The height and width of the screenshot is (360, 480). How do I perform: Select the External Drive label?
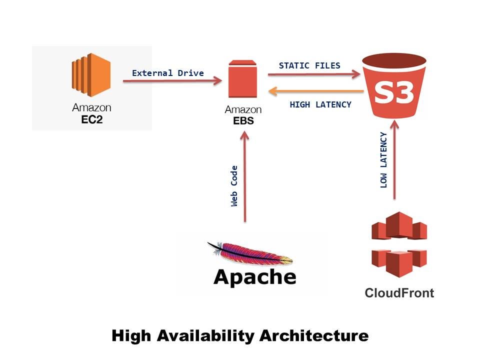pyautogui.click(x=167, y=73)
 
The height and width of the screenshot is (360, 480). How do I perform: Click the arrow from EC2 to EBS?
pyautogui.click(x=172, y=80)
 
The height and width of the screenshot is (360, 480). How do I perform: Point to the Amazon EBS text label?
pyautogui.click(x=243, y=114)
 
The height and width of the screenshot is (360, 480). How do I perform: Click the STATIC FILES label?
pyautogui.click(x=309, y=65)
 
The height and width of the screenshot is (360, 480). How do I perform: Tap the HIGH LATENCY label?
pyautogui.click(x=320, y=104)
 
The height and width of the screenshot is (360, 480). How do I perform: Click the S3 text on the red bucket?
pyautogui.click(x=395, y=92)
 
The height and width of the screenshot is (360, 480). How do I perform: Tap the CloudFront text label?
pyautogui.click(x=399, y=292)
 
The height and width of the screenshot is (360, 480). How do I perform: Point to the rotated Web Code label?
pyautogui.click(x=234, y=185)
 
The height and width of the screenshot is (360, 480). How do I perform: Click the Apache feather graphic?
pyautogui.click(x=250, y=253)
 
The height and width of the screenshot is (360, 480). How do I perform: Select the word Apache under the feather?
pyautogui.click(x=254, y=276)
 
